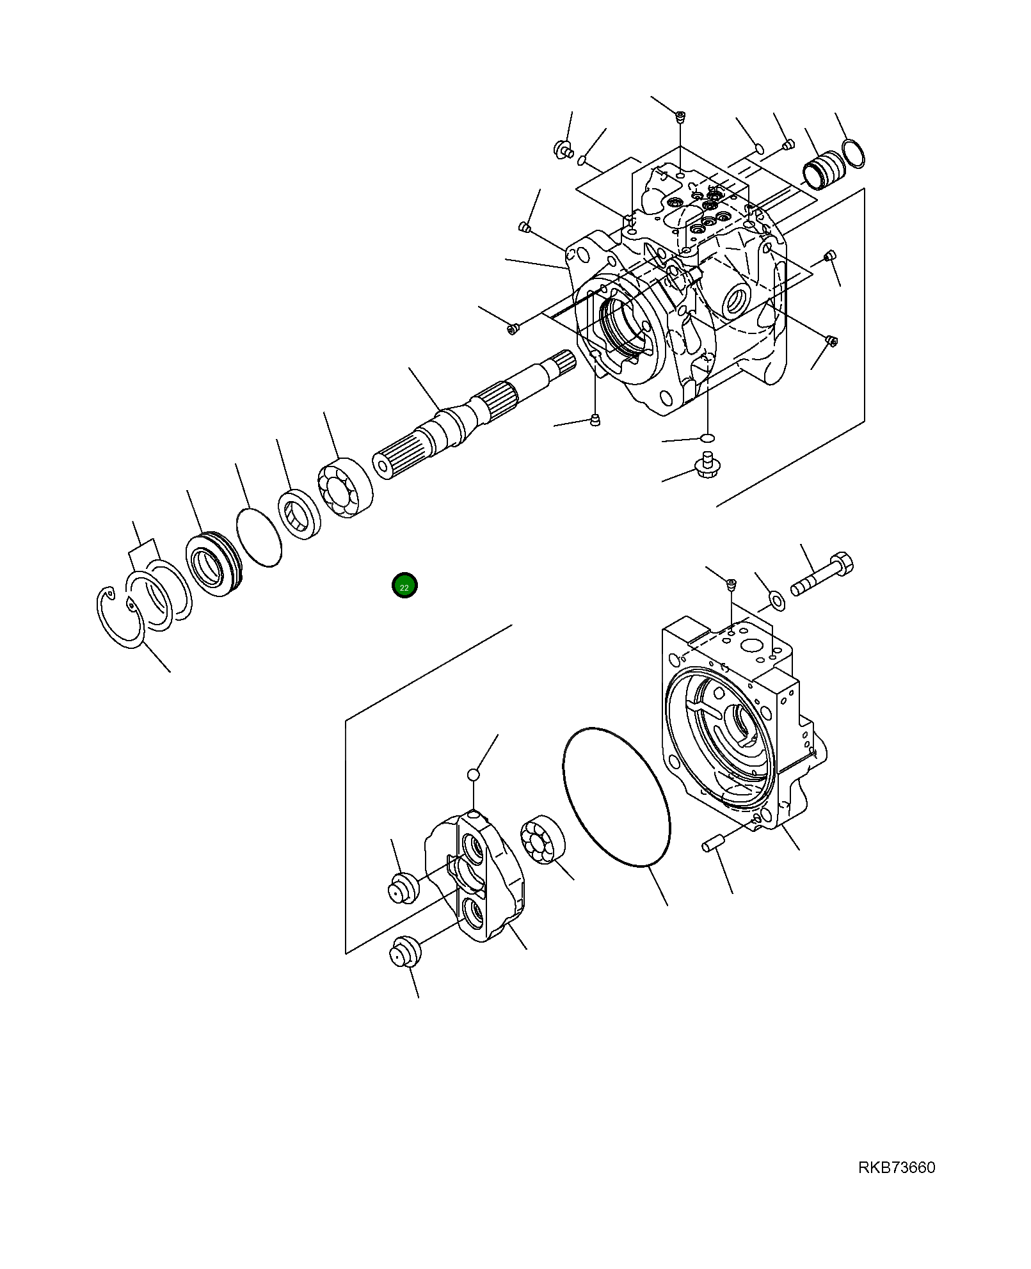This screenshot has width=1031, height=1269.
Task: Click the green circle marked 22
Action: click(404, 586)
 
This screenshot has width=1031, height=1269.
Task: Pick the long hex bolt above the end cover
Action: click(822, 575)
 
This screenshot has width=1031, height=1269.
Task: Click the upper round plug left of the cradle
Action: click(403, 888)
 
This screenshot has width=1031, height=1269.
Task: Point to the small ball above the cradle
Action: click(473, 775)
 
